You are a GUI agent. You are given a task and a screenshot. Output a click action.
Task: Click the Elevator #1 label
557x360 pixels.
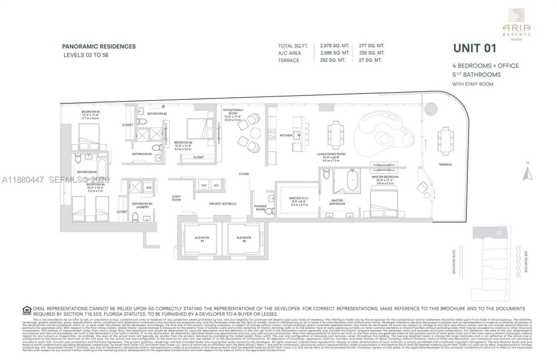click(x=202, y=240)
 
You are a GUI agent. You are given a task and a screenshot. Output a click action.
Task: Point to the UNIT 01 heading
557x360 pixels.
click(x=474, y=48)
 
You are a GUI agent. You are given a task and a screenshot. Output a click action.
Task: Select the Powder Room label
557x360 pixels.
click(x=261, y=208)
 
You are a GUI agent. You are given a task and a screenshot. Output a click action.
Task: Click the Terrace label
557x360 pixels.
click(x=445, y=164)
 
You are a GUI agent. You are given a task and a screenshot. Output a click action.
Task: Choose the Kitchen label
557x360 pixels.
click(x=285, y=135)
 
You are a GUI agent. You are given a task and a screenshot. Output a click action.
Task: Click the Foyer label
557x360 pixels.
click(x=244, y=174)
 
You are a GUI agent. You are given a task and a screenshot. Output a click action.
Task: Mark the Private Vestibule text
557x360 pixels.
click(x=222, y=203)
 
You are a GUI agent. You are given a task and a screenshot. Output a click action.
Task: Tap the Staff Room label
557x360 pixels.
click(x=176, y=198)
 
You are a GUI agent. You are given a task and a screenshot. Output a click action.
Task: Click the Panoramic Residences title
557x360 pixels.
click(x=99, y=47)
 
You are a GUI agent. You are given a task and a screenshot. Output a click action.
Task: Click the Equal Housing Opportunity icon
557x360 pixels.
click(x=27, y=310)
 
